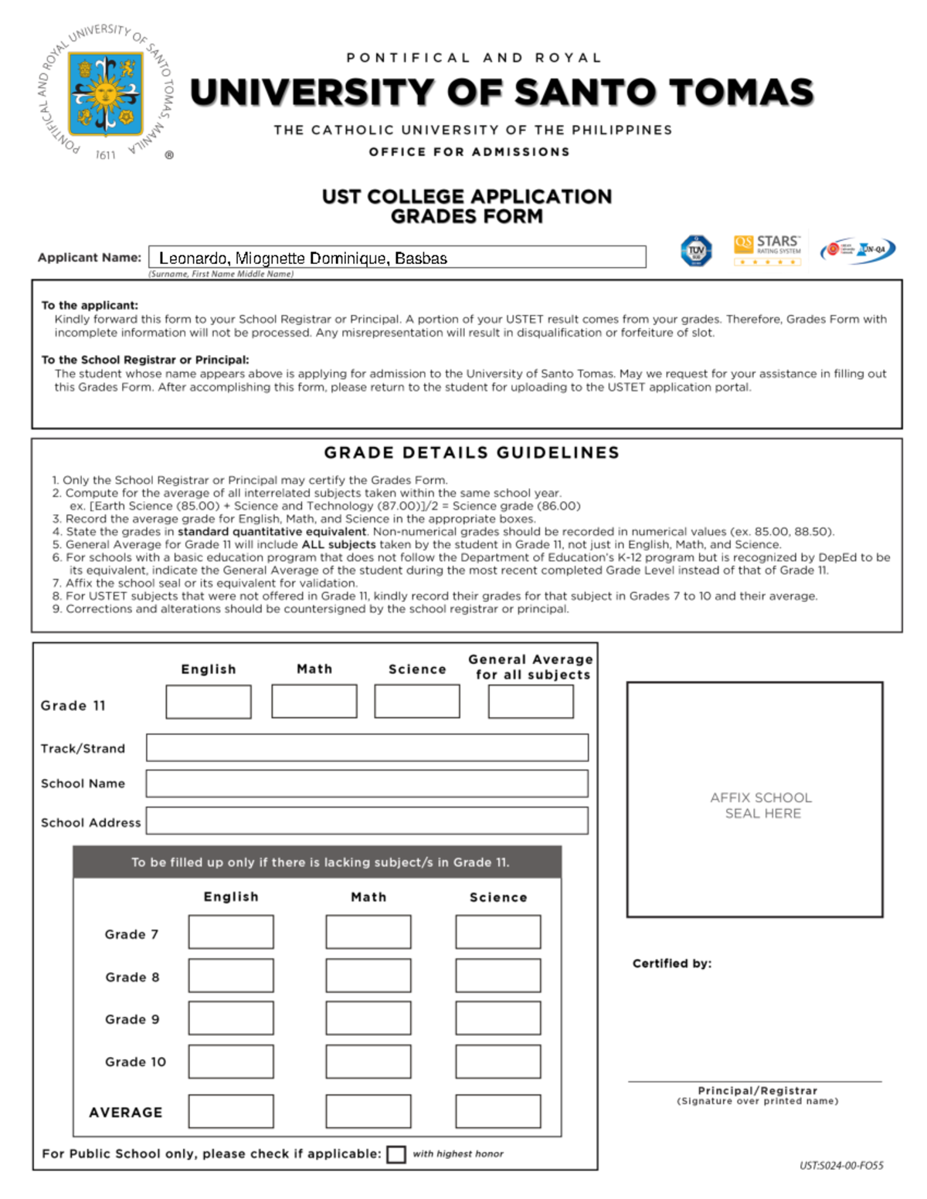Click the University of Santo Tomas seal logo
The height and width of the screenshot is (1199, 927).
[106, 93]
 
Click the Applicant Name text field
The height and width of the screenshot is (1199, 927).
[397, 257]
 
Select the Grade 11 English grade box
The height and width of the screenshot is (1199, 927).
[209, 702]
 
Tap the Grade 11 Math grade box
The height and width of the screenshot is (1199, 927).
[314, 701]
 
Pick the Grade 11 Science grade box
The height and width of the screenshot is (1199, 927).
[417, 701]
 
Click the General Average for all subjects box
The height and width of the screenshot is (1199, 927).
[531, 701]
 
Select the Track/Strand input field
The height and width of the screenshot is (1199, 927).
[367, 747]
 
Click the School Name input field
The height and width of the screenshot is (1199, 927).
[367, 783]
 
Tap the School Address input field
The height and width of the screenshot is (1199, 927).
[367, 821]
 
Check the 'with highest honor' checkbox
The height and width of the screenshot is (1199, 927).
[396, 1154]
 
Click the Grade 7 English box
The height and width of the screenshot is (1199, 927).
[231, 932]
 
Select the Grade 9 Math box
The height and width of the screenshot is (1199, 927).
[368, 1018]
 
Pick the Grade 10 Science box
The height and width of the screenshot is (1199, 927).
[498, 1062]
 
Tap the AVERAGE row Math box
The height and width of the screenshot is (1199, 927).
[368, 1112]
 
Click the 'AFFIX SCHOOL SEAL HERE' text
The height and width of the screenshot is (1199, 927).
[762, 805]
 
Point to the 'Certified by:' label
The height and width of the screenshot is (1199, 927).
[672, 964]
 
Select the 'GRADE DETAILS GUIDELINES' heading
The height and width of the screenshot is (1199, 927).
[471, 452]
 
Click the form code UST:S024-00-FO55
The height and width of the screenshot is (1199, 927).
[841, 1166]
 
